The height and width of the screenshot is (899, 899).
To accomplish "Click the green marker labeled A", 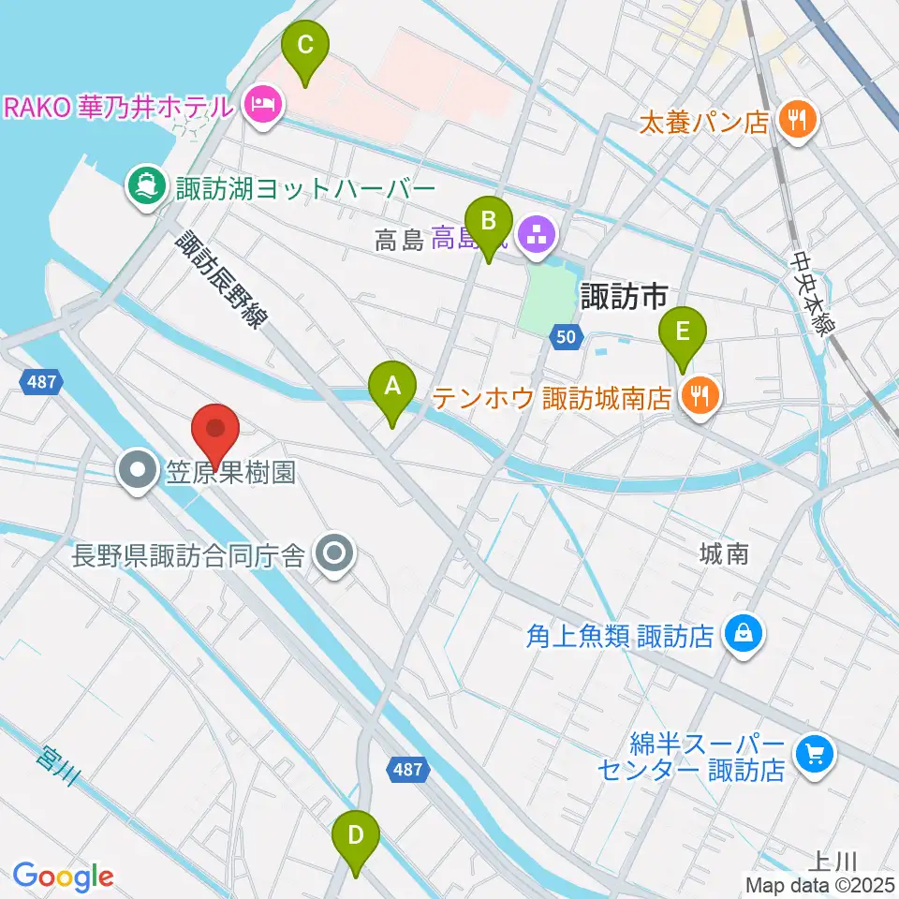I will pyautogui.click(x=392, y=385).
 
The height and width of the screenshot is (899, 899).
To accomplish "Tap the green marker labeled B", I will pyautogui.click(x=489, y=221).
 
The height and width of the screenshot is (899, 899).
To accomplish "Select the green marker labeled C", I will pyautogui.click(x=305, y=44).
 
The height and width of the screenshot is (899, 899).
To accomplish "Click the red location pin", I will pyautogui.click(x=216, y=431).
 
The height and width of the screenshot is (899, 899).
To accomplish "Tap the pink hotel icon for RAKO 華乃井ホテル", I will pyautogui.click(x=263, y=106).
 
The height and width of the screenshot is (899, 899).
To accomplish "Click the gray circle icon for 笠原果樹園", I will pyautogui.click(x=139, y=469).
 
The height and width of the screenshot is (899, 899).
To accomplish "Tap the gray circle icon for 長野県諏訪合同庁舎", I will pyautogui.click(x=333, y=556).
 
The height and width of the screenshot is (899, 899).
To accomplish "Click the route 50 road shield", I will pyautogui.click(x=565, y=336).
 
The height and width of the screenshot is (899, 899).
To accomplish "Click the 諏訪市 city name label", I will pyautogui.click(x=624, y=297).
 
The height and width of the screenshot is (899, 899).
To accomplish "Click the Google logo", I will pyautogui.click(x=63, y=877).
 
